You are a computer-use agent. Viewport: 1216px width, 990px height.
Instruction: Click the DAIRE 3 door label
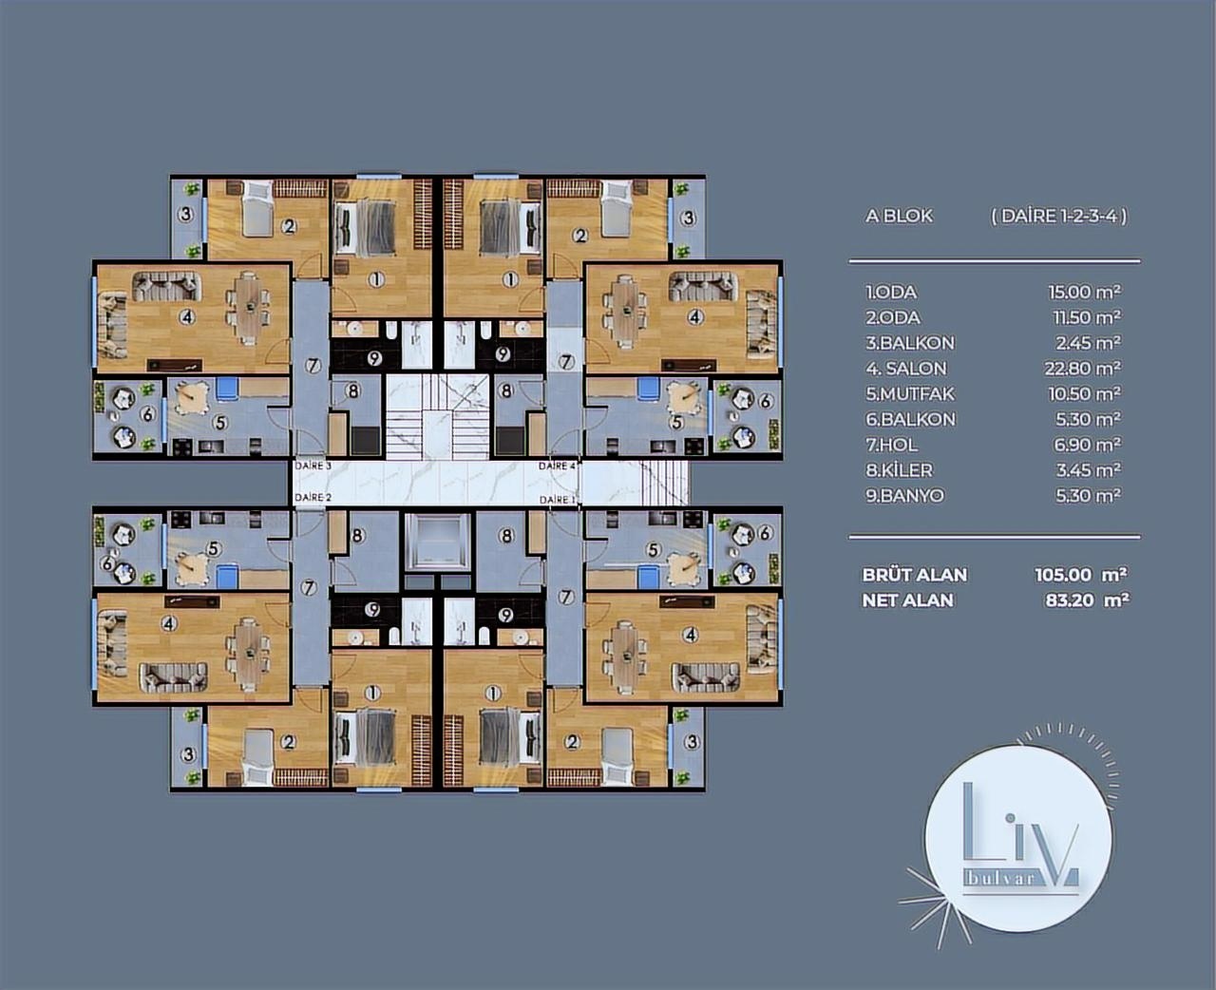[313, 466]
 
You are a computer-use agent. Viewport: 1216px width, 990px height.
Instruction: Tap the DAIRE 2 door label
[313, 497]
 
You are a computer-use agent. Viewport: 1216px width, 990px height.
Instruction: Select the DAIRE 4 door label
[558, 466]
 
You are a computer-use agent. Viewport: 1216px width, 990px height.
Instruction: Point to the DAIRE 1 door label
[558, 500]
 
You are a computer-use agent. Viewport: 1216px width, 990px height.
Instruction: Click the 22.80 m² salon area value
[1082, 369]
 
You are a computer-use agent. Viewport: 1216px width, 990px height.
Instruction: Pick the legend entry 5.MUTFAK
[910, 394]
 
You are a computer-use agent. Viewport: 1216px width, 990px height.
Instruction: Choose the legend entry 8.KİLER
[899, 470]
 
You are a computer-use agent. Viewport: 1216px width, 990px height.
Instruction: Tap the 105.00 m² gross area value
[1081, 575]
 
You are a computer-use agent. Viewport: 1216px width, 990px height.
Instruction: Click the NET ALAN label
[907, 600]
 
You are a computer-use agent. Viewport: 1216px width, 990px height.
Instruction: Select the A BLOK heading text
[899, 217]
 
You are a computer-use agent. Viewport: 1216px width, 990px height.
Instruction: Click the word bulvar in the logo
[999, 877]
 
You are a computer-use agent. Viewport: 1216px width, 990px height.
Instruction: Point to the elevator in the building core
[437, 541]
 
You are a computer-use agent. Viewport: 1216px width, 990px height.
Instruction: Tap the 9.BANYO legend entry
[904, 496]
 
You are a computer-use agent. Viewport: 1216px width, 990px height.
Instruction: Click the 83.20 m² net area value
[1087, 600]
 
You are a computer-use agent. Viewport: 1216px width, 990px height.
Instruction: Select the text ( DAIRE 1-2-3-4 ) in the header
[1059, 217]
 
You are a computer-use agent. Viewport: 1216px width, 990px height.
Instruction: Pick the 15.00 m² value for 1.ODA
[1085, 293]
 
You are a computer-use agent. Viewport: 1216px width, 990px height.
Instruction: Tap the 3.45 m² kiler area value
[1088, 470]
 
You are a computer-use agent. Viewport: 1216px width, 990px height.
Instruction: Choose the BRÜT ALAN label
[915, 575]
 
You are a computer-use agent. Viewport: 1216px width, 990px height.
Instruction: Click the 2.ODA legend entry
[893, 317]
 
